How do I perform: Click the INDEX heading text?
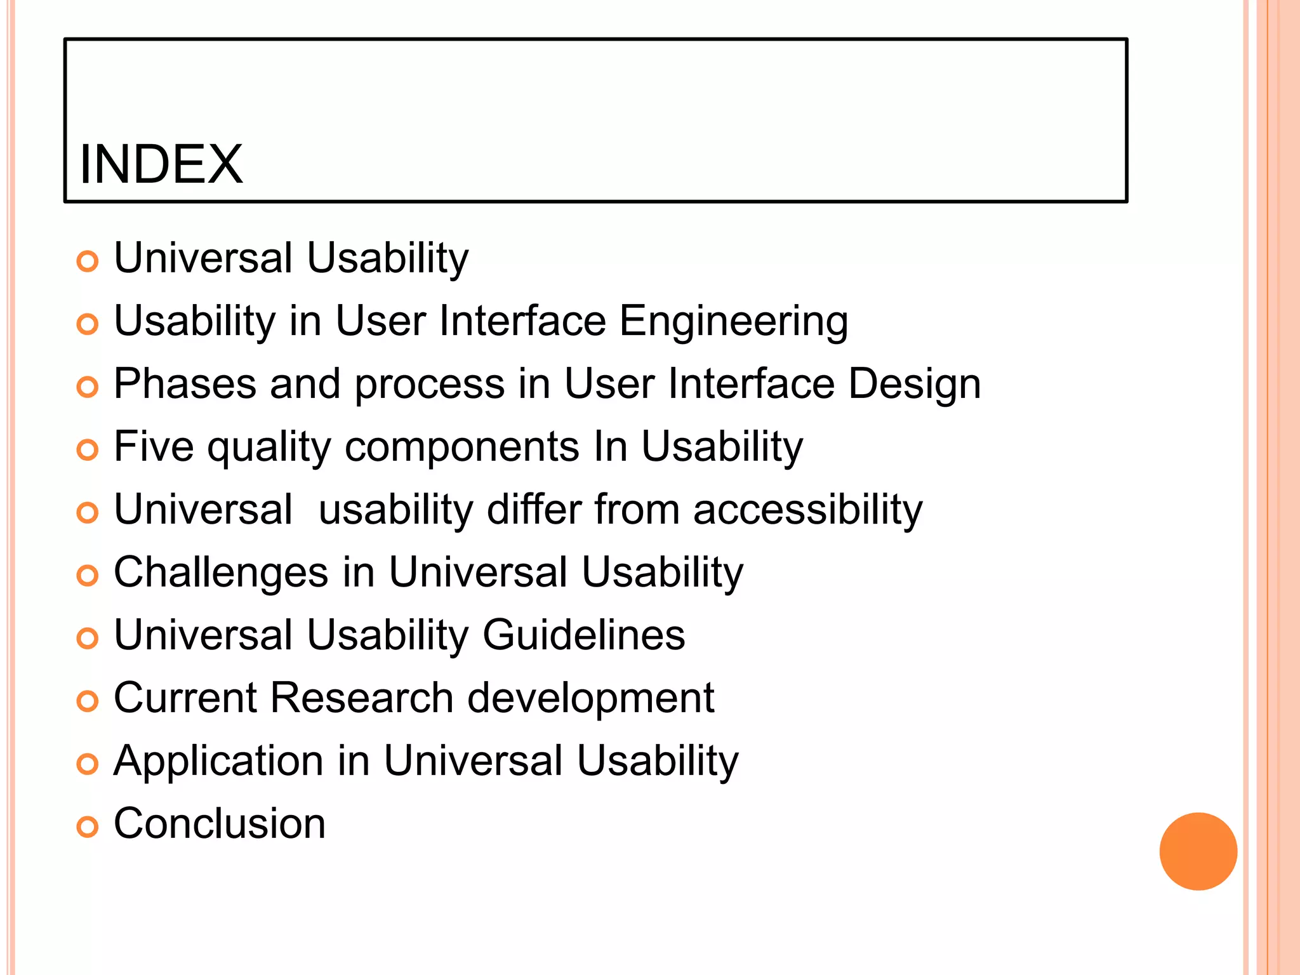coord(161,164)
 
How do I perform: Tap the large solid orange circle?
coord(1198,851)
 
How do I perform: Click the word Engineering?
coord(733,322)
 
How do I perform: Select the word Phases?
coord(185,384)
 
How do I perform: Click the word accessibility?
coord(807,510)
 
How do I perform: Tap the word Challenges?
coord(221,573)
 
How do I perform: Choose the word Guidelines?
coord(584,635)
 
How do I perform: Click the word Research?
coord(362,698)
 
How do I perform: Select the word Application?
coord(218,761)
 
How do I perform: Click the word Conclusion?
coord(220,823)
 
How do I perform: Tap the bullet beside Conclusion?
coord(88,826)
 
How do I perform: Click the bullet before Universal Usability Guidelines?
coord(88,638)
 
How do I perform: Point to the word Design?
coord(915,384)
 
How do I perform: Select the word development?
coord(591,698)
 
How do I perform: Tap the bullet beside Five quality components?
coord(88,450)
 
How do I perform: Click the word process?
coord(429,385)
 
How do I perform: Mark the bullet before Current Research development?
coord(88,701)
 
